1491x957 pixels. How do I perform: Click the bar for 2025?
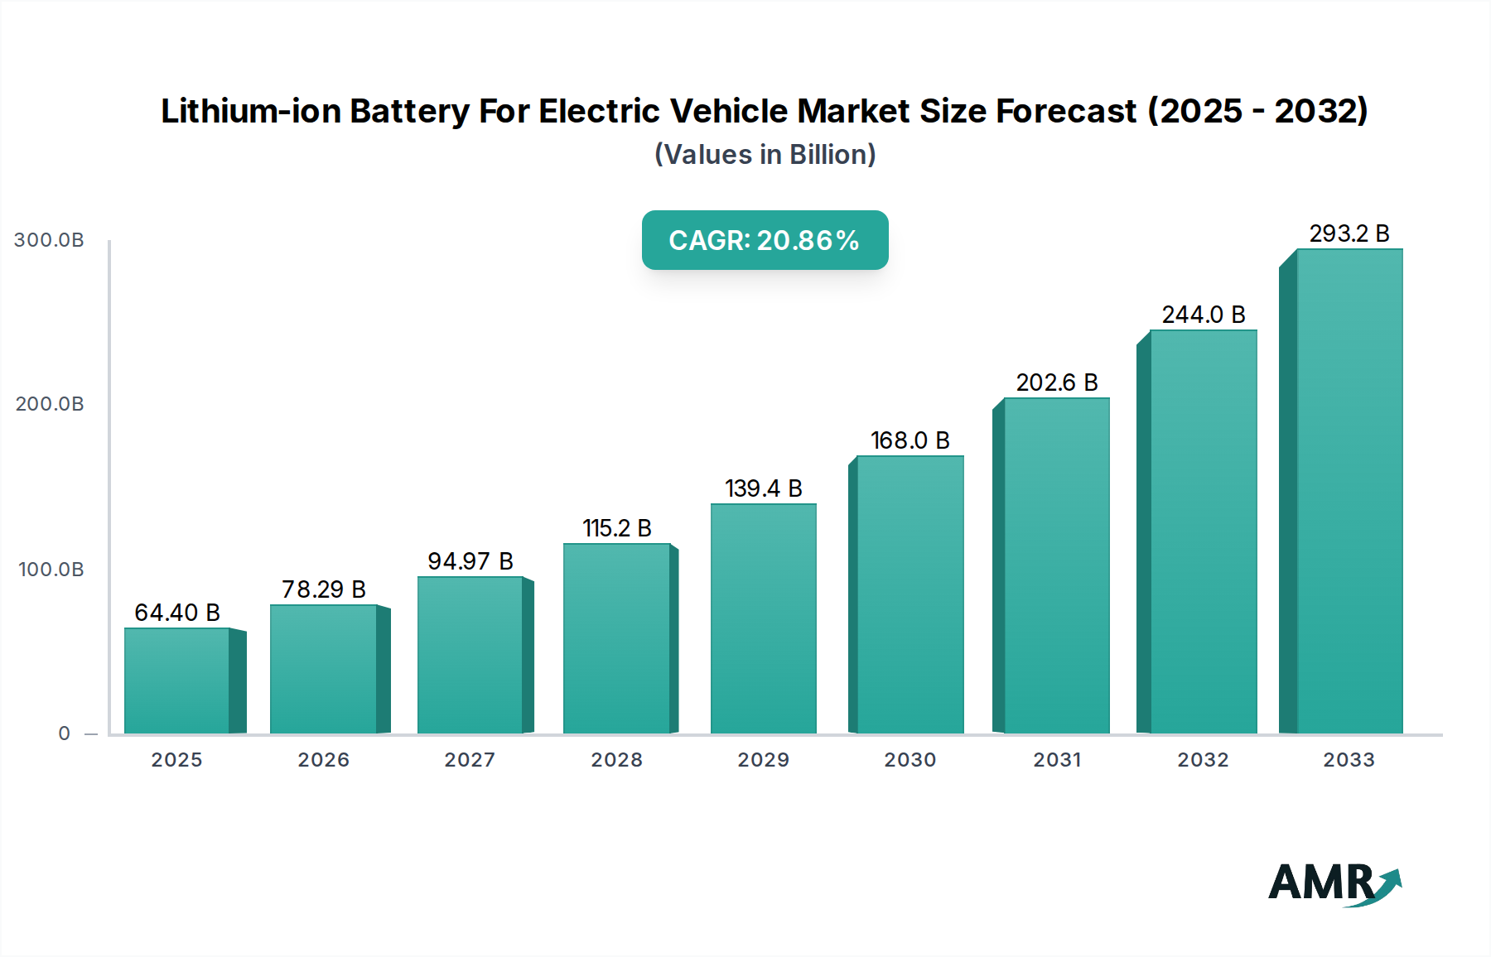pos(176,680)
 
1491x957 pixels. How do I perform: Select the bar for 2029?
pos(763,618)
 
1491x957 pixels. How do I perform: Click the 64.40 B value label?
pos(177,613)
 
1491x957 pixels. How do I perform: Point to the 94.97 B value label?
pos(470,561)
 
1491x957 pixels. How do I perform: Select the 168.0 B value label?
pos(910,440)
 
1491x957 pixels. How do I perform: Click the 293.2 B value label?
pos(1349,233)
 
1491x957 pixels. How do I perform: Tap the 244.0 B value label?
pos(1204,315)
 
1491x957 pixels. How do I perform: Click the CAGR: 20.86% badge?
pos(765,240)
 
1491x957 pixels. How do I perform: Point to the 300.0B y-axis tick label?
pos(49,240)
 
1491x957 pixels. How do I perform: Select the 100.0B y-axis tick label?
pos(51,570)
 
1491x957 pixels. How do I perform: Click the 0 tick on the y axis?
pos(65,733)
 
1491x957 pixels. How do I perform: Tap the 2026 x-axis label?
pos(323,760)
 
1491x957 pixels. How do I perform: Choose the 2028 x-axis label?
pos(616,760)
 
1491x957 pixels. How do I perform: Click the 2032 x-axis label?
pos(1203,760)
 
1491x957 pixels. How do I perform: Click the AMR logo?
pos(1334,883)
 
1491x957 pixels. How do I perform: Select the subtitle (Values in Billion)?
pos(765,155)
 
